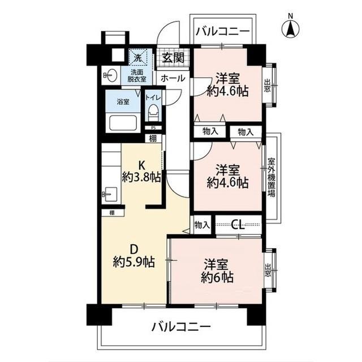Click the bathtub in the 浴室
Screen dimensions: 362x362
[x=122, y=123]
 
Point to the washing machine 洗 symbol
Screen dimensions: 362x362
[x=138, y=57]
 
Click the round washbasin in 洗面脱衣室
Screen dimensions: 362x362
[x=110, y=75]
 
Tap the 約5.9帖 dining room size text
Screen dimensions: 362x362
[x=133, y=262]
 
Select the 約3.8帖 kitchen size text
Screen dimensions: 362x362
[x=141, y=177]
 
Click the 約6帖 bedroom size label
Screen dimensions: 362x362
[x=218, y=278]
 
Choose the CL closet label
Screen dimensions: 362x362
[x=238, y=224]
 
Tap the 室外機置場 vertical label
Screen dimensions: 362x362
[x=271, y=177]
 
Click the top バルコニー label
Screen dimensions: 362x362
[x=222, y=32]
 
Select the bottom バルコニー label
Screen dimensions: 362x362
[x=181, y=327]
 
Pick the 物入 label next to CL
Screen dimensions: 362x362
[x=202, y=225]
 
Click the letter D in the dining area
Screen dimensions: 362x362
[x=133, y=248]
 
